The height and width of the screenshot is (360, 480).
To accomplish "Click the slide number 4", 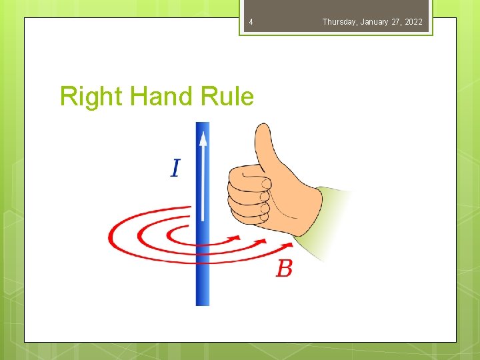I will click(251, 23).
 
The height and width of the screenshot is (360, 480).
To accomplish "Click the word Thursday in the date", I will click(339, 22).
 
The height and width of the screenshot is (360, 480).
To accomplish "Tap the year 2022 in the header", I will click(413, 22).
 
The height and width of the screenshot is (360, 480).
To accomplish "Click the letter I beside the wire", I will click(175, 167).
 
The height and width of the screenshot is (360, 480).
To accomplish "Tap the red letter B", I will click(285, 269).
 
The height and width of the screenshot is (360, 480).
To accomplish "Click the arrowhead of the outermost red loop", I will click(289, 251).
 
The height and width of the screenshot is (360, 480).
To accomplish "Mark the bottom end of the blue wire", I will click(203, 303).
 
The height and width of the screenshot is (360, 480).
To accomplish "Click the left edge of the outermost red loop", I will click(110, 235).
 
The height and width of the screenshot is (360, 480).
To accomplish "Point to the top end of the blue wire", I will click(203, 124).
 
